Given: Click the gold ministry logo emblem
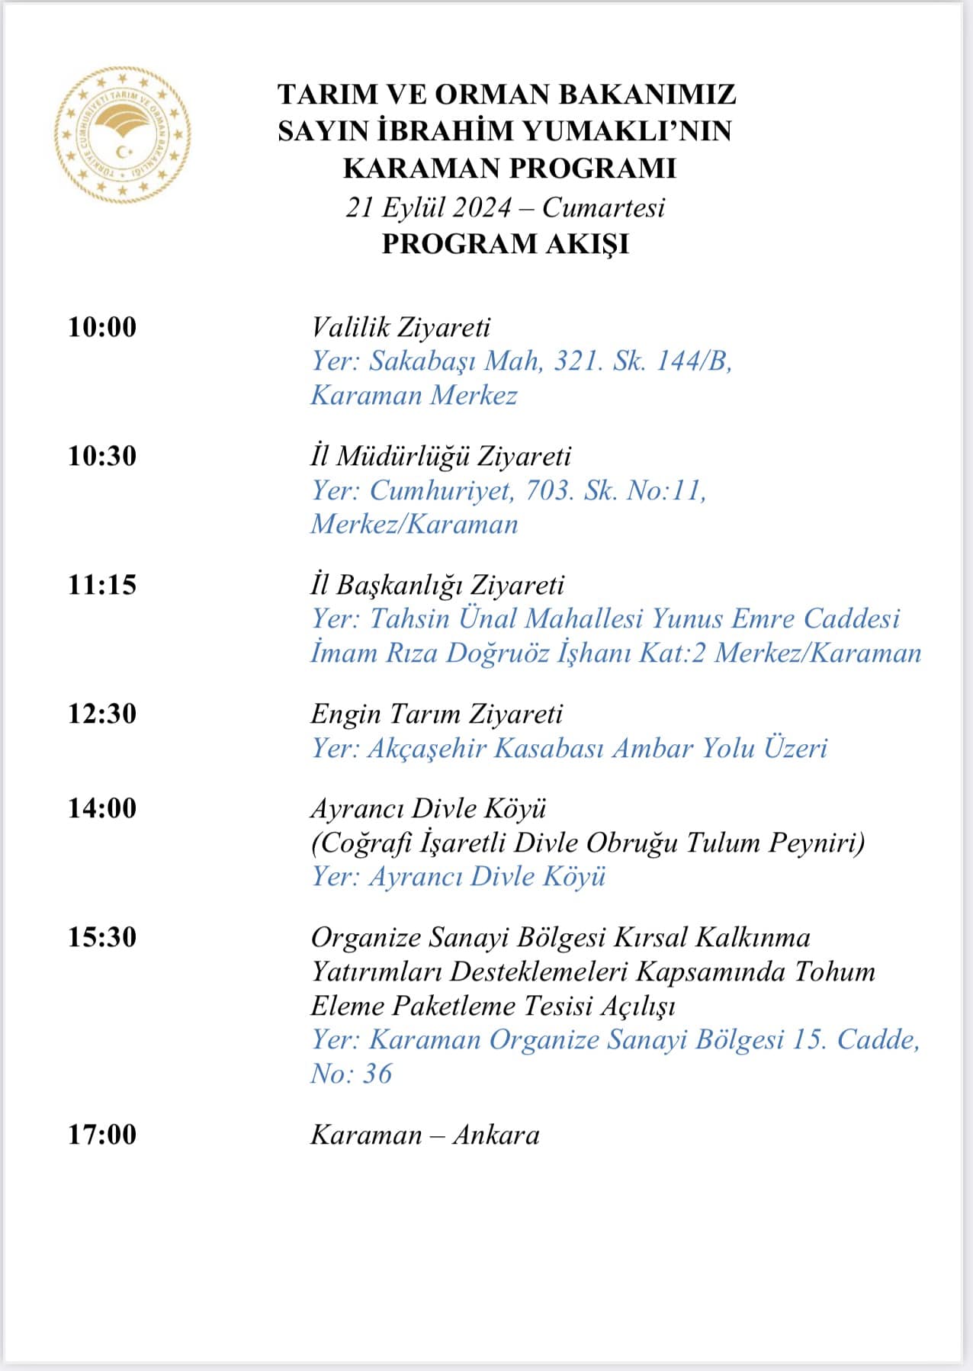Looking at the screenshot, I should [x=122, y=135].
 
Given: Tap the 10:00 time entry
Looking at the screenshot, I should [x=102, y=327].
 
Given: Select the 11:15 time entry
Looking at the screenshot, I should [x=102, y=585].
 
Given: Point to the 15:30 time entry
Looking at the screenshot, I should [x=102, y=937].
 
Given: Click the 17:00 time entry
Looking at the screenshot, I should [x=102, y=1135].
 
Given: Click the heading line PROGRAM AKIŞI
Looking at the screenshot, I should [x=506, y=244].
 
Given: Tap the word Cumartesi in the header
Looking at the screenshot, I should [x=603, y=207].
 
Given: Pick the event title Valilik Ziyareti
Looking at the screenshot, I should [x=400, y=327].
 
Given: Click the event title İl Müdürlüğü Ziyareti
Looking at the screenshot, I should [x=440, y=456].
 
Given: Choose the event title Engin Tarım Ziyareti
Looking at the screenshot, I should [x=436, y=714].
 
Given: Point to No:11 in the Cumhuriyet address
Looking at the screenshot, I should [x=666, y=490].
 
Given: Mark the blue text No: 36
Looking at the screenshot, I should [x=351, y=1074].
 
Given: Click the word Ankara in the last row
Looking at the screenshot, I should [x=496, y=1135].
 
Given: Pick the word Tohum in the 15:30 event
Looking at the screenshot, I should [x=835, y=971].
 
